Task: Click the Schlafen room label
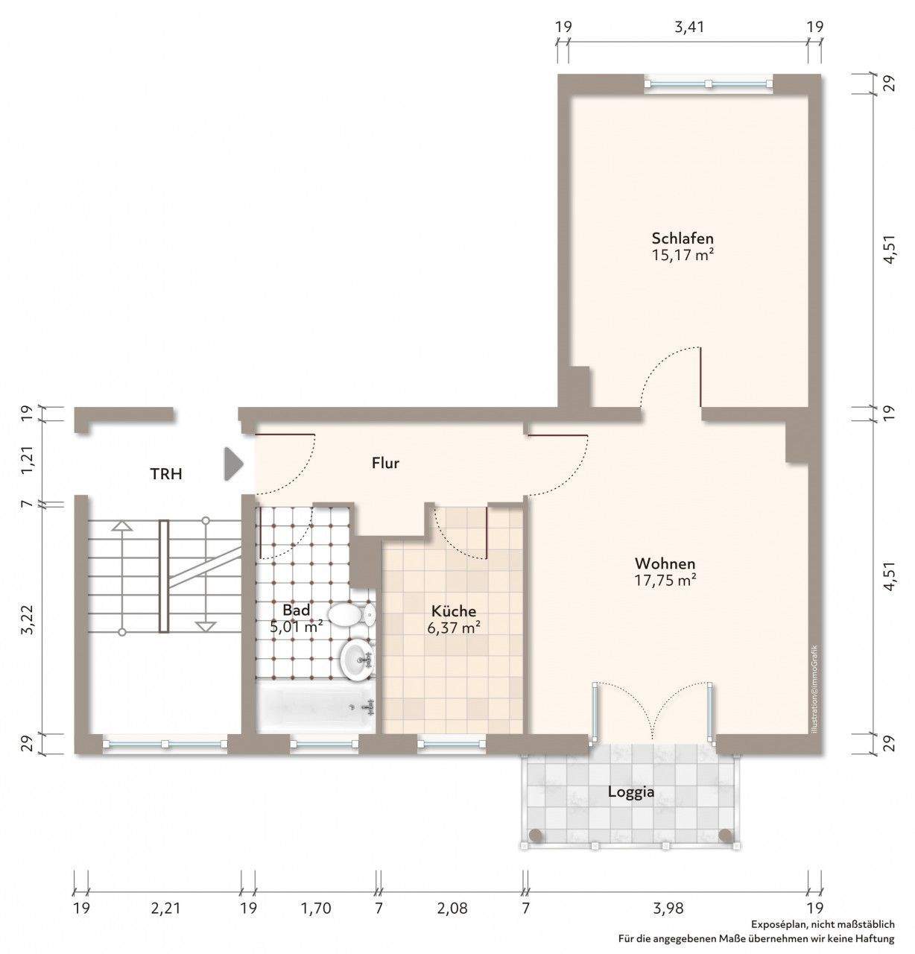[x=682, y=238]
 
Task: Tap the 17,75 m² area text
[x=665, y=581]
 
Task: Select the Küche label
[x=453, y=611]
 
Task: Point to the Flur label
[x=385, y=463]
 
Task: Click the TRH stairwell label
[x=166, y=474]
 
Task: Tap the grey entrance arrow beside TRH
[x=233, y=464]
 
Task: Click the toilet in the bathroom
[x=351, y=615]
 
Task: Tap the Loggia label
[x=631, y=792]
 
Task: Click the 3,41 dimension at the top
[x=689, y=27]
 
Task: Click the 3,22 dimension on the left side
[x=28, y=619]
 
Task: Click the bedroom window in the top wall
[x=708, y=83]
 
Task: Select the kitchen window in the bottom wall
[x=452, y=744]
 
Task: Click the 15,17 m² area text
[x=682, y=255]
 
